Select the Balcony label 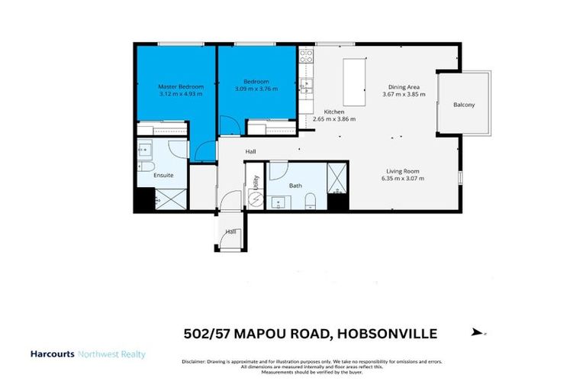pos(463,105)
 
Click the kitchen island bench pos(353,82)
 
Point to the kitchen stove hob pos(306,56)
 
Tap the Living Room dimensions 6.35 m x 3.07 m pos(403,178)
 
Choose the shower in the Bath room pos(336,175)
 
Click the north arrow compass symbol pos(478,332)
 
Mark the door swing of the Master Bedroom pos(204,150)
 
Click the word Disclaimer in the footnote pos(194,360)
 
